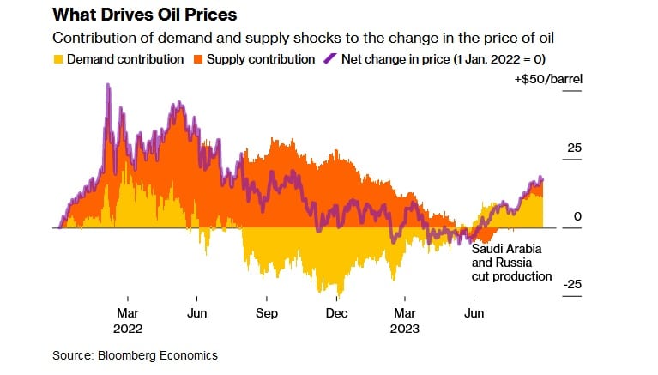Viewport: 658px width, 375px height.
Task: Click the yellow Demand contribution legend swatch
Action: pos(58,60)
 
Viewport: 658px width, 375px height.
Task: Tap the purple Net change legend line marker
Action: pos(330,60)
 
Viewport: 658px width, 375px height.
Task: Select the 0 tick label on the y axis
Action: pos(577,217)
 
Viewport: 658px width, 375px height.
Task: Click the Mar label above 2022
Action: pos(127,313)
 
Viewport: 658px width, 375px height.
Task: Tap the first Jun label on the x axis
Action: pos(197,313)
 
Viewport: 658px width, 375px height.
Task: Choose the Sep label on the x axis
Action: pos(267,313)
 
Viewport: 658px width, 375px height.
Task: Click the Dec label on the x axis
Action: pos(335,313)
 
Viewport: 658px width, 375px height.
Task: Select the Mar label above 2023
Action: pos(405,313)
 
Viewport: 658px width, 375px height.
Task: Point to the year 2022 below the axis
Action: pos(127,328)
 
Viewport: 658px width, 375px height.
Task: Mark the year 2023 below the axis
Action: pos(405,328)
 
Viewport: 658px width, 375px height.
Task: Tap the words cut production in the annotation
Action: pos(511,276)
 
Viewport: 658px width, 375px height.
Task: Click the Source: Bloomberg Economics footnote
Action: pos(136,355)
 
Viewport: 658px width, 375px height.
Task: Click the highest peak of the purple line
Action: pos(108,85)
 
